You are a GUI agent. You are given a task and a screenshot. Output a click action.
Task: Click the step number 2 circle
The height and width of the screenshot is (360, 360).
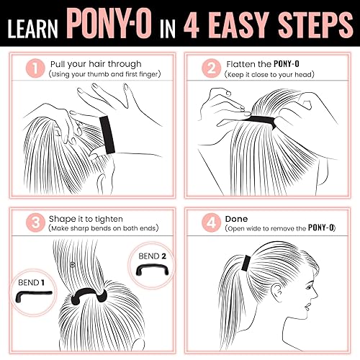point(210,68)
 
